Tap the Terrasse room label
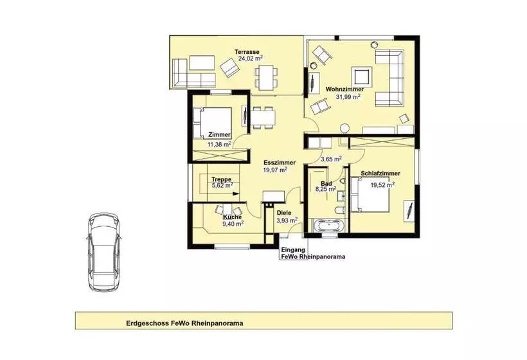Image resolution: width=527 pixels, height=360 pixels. [247, 51]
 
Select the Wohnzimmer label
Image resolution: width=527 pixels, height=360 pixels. [344, 89]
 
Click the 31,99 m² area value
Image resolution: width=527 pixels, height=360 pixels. [348, 97]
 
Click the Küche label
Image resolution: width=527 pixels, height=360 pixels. [232, 217]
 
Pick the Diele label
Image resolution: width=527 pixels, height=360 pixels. [284, 212]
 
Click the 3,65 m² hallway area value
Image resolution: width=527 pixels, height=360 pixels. [331, 159]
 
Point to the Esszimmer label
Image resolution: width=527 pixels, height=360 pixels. [280, 163]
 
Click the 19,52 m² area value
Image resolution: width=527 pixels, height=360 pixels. [381, 183]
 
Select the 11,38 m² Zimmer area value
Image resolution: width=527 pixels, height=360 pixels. [219, 145]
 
